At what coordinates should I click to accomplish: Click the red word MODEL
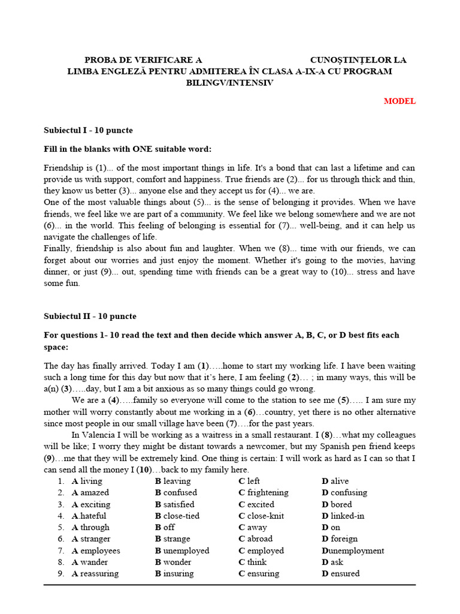pyautogui.click(x=400, y=101)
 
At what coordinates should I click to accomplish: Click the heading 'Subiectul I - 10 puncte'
pyautogui.click(x=88, y=130)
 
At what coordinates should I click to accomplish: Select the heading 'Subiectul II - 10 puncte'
pyautogui.click(x=90, y=316)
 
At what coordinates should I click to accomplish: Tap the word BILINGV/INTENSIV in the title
pyautogui.click(x=229, y=83)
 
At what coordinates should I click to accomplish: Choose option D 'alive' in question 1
pyautogui.click(x=335, y=481)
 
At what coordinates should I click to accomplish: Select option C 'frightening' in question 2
pyautogui.click(x=263, y=492)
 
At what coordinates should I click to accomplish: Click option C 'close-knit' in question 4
pyautogui.click(x=261, y=516)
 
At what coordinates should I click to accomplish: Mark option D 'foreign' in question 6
pyautogui.click(x=340, y=538)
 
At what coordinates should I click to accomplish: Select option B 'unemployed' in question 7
pyautogui.click(x=182, y=550)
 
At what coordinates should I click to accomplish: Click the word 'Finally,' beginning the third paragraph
pyautogui.click(x=59, y=248)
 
